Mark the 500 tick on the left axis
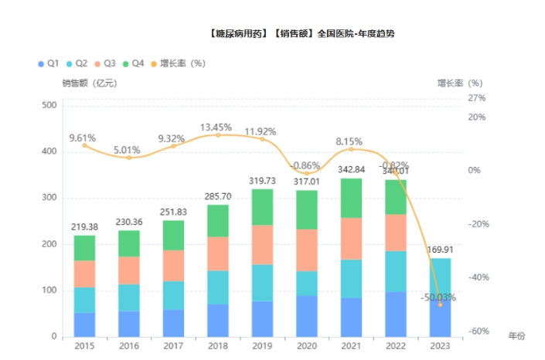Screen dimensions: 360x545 49,105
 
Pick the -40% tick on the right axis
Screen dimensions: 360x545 478,277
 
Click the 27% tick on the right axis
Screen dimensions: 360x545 476,98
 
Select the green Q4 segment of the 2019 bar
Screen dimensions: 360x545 262,207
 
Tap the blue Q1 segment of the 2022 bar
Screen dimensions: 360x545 395,314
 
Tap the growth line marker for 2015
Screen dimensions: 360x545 84,145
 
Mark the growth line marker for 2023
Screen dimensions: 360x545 440,304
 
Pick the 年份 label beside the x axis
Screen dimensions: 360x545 516,336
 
